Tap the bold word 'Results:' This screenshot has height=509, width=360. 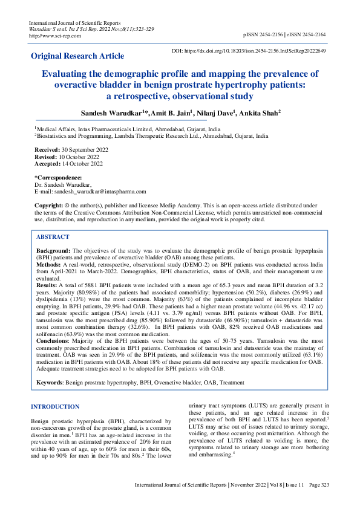(48, 284)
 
